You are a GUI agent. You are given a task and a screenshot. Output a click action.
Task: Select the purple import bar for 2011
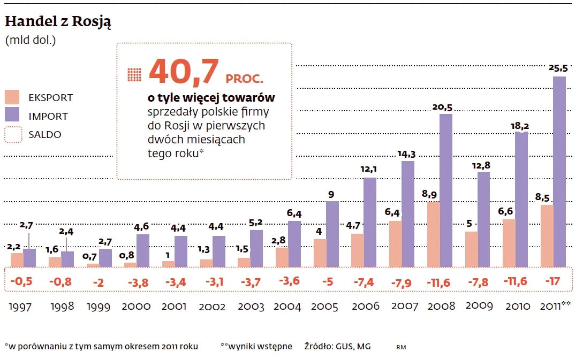pos(559,171)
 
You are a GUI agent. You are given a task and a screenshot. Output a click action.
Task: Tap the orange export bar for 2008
pos(434,234)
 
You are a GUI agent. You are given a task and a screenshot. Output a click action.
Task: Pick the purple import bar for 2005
pos(332,234)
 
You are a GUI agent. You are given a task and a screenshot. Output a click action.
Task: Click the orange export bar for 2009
pos(471,249)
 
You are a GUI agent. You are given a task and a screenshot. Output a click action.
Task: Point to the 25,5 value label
pos(559,68)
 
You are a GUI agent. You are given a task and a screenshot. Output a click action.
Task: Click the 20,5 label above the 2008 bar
pos(442,107)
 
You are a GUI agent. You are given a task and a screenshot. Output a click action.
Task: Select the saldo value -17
pos(553,280)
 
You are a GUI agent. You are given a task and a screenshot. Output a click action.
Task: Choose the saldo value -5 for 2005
pos(326,281)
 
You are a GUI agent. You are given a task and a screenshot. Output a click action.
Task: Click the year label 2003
pos(251,307)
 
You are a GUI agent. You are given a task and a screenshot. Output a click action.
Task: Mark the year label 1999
pos(99,307)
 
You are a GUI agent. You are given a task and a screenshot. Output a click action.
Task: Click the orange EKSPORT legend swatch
pos(12,97)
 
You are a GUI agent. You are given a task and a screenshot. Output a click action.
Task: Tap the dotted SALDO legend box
pos(12,134)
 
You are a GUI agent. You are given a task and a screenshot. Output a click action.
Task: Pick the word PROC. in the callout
pos(244,79)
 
